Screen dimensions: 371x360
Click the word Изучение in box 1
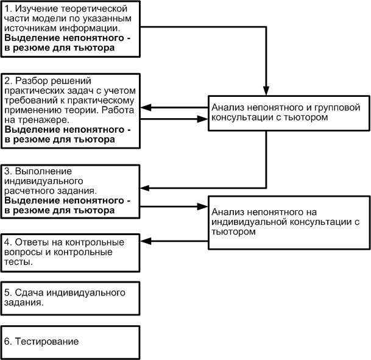(x=37, y=9)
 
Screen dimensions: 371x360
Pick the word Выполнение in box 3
(x=43, y=171)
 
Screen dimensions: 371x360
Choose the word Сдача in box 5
(x=29, y=293)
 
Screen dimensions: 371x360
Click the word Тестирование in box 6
(x=47, y=342)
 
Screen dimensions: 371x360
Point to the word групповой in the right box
(x=337, y=108)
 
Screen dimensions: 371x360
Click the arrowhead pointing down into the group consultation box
(x=266, y=91)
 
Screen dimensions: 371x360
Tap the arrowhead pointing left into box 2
(x=145, y=107)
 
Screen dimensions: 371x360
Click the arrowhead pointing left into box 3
(x=145, y=188)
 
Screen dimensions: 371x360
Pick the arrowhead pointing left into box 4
(x=145, y=241)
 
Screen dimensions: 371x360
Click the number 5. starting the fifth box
(x=8, y=293)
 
